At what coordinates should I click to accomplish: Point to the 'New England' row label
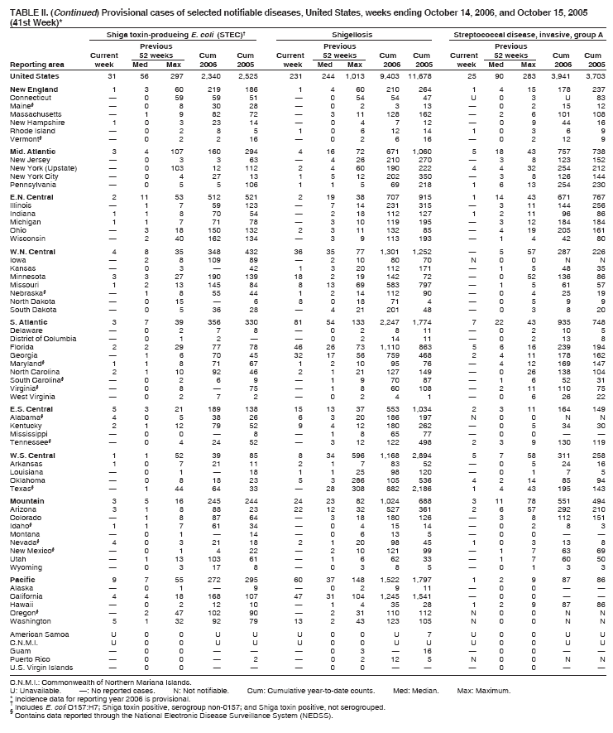click(31, 89)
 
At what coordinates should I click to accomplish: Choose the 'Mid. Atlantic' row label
click(31, 152)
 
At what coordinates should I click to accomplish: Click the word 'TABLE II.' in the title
click(25, 7)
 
